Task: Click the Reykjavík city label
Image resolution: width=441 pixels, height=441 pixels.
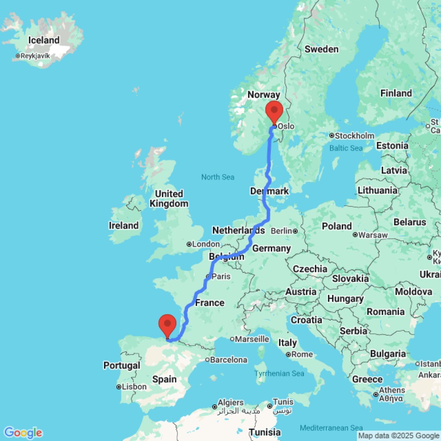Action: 35,56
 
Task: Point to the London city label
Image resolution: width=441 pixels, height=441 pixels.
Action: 206,244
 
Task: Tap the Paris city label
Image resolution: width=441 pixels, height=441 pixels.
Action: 221,277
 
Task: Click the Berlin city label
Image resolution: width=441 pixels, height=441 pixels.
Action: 281,231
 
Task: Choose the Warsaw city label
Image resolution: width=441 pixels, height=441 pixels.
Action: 373,235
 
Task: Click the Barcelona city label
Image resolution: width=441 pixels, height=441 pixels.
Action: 228,360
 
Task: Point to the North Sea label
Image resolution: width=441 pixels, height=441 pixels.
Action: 217,177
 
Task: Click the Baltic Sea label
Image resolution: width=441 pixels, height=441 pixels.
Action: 346,148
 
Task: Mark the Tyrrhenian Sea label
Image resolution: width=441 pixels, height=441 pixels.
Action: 279,374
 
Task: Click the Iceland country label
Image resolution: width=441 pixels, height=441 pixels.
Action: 44,40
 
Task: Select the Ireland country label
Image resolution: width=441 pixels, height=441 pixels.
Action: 123,225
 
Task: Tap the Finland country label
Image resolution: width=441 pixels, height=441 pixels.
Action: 396,93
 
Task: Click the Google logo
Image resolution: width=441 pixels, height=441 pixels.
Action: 22,433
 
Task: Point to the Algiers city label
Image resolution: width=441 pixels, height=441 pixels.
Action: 231,403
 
